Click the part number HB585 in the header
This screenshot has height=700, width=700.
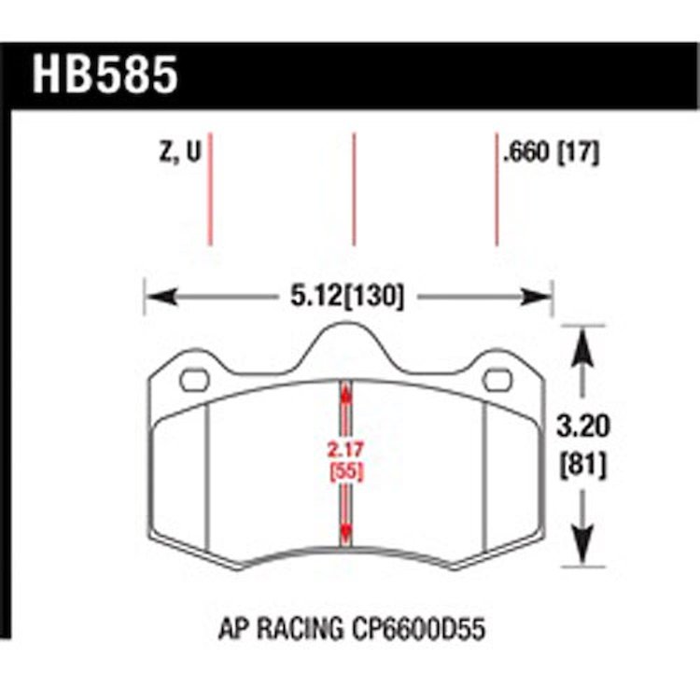(x=105, y=76)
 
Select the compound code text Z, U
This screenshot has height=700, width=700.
(x=180, y=151)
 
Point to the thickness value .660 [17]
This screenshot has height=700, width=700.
(x=551, y=153)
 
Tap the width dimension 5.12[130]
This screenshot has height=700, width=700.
(x=347, y=296)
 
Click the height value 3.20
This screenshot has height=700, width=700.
(x=582, y=426)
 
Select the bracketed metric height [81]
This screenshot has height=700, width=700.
(x=582, y=465)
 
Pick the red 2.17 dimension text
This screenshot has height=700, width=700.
(x=345, y=450)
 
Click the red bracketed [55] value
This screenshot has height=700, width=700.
(x=346, y=472)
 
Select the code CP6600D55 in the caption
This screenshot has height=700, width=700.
(x=418, y=629)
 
